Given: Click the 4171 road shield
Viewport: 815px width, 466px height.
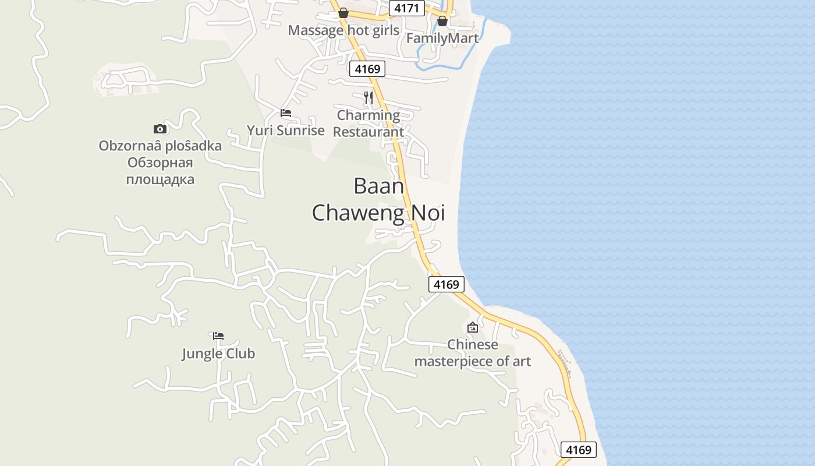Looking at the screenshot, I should pos(406,8).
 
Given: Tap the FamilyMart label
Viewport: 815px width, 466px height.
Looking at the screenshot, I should pos(442,38).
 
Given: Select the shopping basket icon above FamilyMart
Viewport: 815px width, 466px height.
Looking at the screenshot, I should pos(442,21).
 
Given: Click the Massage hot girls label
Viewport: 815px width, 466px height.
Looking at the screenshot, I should pos(343,30).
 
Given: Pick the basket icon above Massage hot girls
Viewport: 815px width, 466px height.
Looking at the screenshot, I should pos(343,13).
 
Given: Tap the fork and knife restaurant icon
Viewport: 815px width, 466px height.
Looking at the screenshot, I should pos(368,97).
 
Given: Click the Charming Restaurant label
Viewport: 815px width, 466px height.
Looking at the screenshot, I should pos(368,123).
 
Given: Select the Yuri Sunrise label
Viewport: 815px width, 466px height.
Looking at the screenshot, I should pos(285,130).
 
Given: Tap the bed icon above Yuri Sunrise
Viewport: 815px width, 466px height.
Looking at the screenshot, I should pos(286,112).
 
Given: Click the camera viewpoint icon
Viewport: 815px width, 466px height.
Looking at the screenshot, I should pos(160,129).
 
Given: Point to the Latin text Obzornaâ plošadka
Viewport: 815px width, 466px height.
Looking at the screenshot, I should pos(160,146).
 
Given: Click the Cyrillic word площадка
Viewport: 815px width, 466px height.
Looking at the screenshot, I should pos(160,179).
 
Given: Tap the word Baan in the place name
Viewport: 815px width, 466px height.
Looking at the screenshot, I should pos(378,186).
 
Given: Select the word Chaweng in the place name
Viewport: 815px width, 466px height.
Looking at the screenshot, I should pos(358,213).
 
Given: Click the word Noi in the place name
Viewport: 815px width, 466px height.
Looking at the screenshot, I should pos(428,213).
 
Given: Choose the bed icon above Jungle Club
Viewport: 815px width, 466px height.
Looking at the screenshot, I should pos(218,336).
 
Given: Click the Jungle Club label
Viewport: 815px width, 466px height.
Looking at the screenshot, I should pos(218,354).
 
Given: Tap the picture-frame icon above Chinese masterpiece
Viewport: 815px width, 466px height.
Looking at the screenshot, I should pos(473,327).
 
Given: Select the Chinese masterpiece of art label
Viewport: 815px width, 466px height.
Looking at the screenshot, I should pos(473,353).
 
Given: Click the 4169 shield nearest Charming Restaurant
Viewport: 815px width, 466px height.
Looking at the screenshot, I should pos(368,69).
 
